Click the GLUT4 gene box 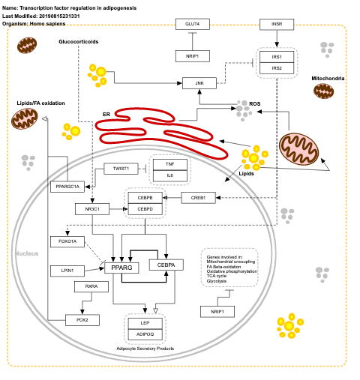coord(192,24)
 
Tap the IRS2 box coord(277,68)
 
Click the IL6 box coord(170,175)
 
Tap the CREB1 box coord(199,198)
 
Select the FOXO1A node coord(67,241)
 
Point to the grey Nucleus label coord(27,255)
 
